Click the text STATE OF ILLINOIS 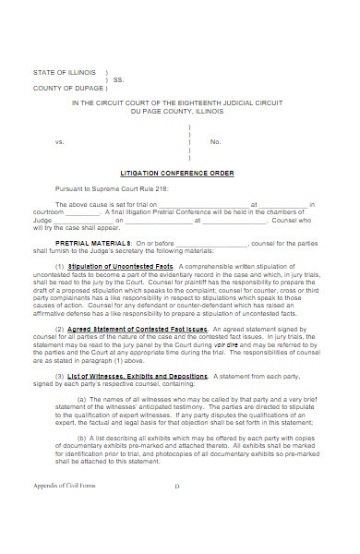(x=65, y=72)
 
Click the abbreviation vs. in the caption (x=60, y=141)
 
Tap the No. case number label (x=215, y=141)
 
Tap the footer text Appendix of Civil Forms (x=64, y=536)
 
